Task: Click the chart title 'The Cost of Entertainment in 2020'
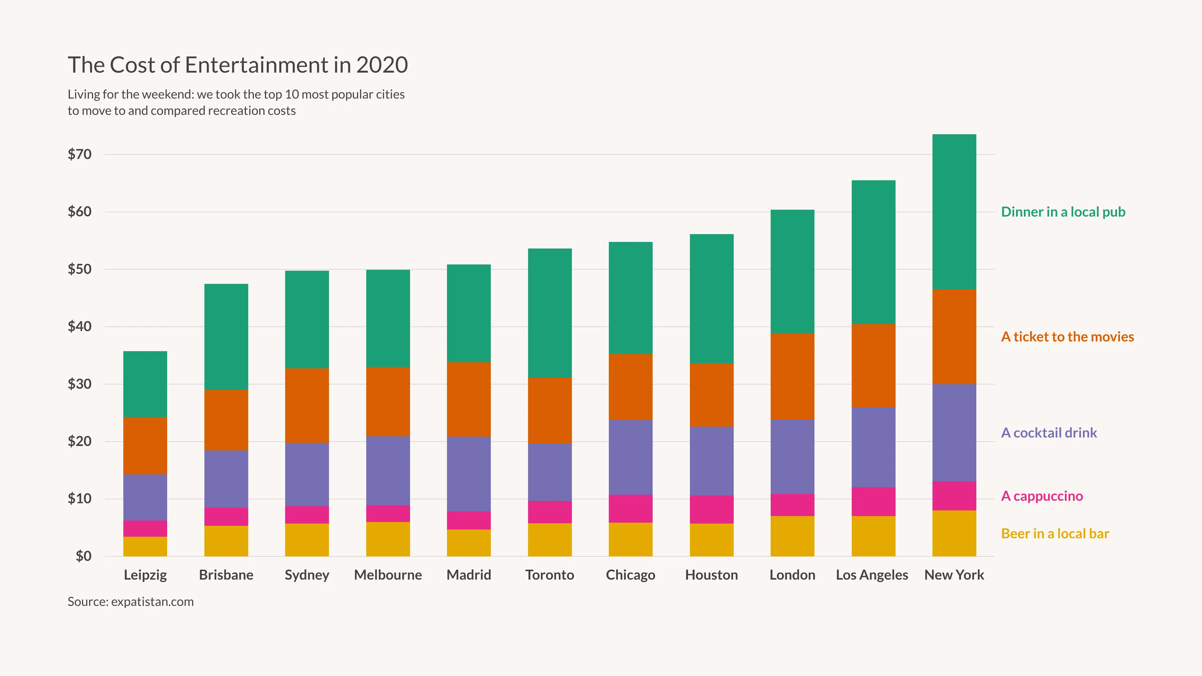pyautogui.click(x=238, y=65)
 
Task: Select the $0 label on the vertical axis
pyautogui.click(x=84, y=556)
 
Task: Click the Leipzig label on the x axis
pyautogui.click(x=145, y=575)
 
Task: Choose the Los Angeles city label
pyautogui.click(x=872, y=575)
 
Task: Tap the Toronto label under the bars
pyautogui.click(x=550, y=575)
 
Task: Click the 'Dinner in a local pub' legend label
pyautogui.click(x=1063, y=212)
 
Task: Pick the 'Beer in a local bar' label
pyautogui.click(x=1055, y=534)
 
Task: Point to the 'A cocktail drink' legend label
pyautogui.click(x=1049, y=433)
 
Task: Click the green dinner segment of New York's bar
pyautogui.click(x=954, y=212)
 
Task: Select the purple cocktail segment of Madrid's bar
pyautogui.click(x=469, y=474)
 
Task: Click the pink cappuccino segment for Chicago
pyautogui.click(x=630, y=509)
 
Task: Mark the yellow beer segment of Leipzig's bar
pyautogui.click(x=145, y=546)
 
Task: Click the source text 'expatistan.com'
pyautogui.click(x=152, y=602)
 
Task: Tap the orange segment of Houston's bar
pyautogui.click(x=711, y=395)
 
